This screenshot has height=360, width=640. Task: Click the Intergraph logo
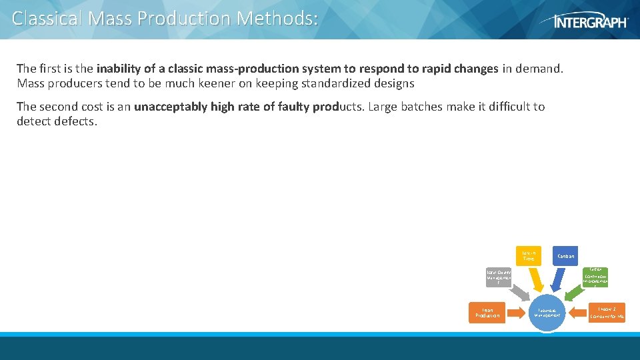point(591,21)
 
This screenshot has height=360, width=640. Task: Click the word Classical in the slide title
point(47,18)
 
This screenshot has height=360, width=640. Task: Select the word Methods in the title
point(277,18)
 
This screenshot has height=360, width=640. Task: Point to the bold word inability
point(117,69)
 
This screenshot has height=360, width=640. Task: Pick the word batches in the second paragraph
point(415,107)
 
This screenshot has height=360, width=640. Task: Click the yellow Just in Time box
point(529,255)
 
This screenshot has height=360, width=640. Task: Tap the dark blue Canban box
point(565,255)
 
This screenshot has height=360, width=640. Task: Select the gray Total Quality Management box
point(498,277)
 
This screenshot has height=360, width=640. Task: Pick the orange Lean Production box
point(487,312)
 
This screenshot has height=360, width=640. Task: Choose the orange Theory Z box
point(606,312)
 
